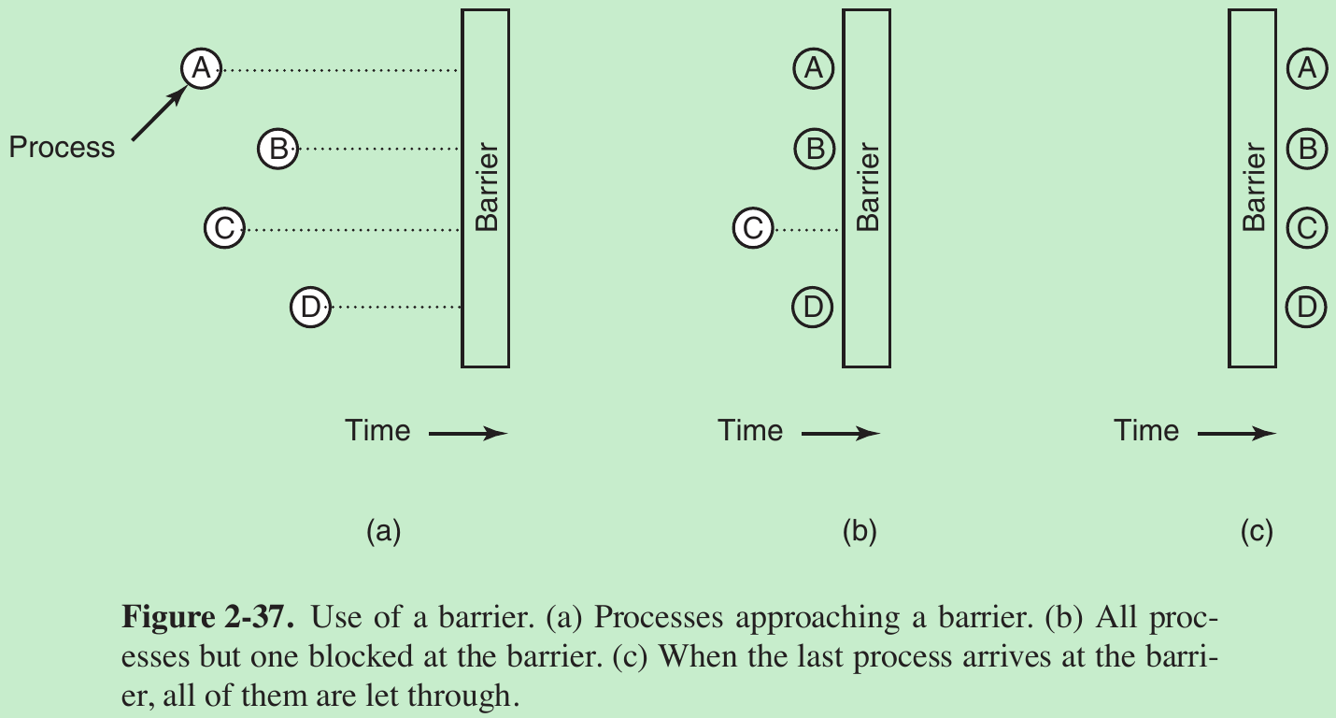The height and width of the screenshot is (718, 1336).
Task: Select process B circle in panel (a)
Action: click(x=277, y=148)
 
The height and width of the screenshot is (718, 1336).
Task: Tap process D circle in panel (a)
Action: click(x=310, y=307)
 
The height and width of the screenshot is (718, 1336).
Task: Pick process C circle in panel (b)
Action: click(x=753, y=227)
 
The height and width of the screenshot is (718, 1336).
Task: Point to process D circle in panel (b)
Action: click(x=813, y=307)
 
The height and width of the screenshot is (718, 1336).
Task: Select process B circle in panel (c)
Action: click(x=1307, y=148)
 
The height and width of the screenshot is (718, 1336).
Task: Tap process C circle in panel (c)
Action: click(x=1307, y=227)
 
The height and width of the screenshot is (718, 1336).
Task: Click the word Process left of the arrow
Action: click(x=62, y=148)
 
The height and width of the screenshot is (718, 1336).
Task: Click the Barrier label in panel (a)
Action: click(x=487, y=187)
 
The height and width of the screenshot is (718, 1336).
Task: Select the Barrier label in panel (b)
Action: click(x=868, y=187)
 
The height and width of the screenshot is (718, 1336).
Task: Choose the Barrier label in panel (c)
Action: click(x=1254, y=187)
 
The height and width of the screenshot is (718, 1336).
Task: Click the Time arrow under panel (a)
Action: click(x=468, y=433)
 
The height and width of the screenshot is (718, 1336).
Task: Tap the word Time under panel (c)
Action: click(x=1146, y=431)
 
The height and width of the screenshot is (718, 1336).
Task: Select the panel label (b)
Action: click(x=860, y=532)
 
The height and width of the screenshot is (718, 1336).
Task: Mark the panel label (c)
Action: click(x=1257, y=532)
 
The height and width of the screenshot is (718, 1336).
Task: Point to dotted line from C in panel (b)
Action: click(x=808, y=228)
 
